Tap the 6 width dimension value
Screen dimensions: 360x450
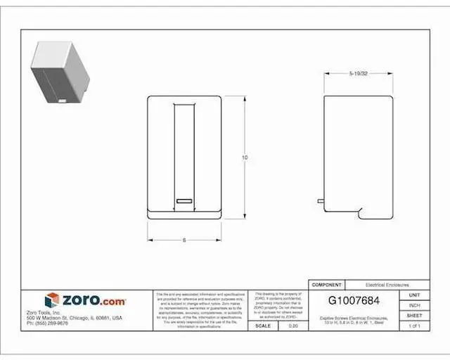click(184, 240)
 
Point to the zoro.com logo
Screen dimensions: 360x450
click(85, 300)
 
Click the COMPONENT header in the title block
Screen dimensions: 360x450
click(326, 285)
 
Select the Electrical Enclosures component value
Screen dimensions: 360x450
click(387, 285)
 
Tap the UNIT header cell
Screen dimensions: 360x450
click(414, 295)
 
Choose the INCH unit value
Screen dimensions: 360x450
click(414, 305)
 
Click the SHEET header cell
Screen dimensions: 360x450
click(414, 316)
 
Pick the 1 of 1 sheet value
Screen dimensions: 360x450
click(414, 326)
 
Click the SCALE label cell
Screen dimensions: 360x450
click(263, 326)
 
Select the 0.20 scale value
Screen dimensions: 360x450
click(294, 326)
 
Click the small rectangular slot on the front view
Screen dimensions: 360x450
click(184, 201)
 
